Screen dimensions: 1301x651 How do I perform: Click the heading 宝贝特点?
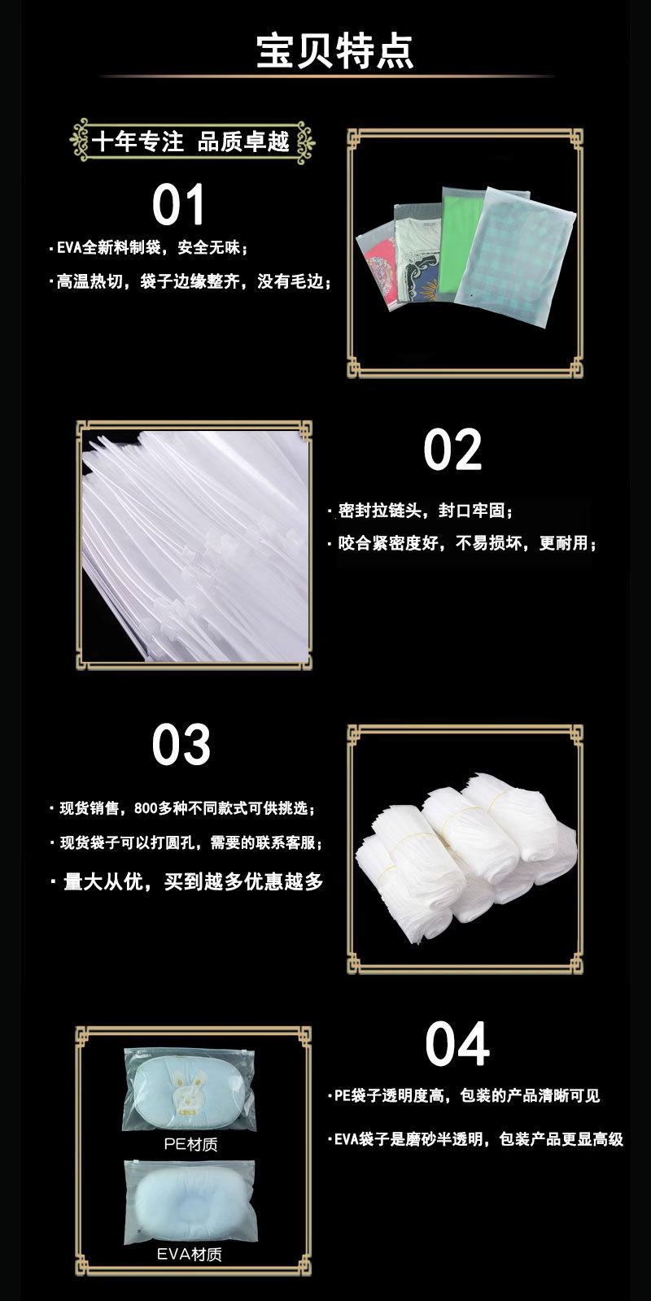334,50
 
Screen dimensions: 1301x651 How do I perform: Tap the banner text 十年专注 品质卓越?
191,141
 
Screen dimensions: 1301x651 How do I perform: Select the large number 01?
178,205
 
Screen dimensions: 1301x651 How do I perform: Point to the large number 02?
452,450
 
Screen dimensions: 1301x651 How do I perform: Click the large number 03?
181,745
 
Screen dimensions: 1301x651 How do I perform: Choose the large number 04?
457,1045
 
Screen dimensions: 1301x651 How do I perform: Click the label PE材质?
190,1144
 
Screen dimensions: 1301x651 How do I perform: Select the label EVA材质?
190,1254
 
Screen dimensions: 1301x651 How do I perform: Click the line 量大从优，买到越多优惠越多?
193,881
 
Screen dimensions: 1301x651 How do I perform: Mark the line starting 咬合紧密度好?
467,542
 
